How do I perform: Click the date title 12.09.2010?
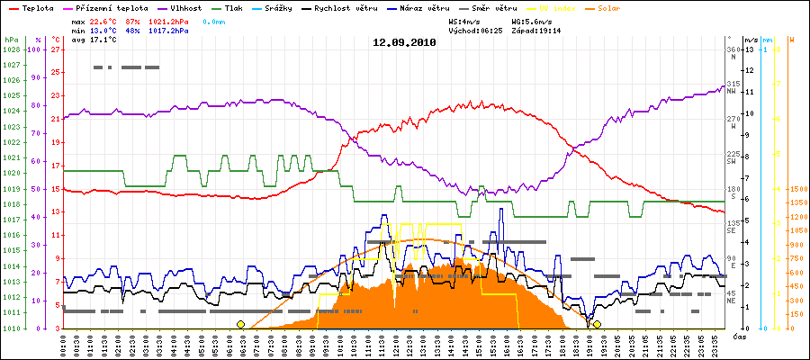click(405, 41)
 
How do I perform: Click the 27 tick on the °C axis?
click(56, 49)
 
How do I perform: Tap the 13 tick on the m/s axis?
click(749, 49)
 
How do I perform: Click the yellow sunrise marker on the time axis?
click(240, 324)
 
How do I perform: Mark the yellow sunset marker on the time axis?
click(597, 324)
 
